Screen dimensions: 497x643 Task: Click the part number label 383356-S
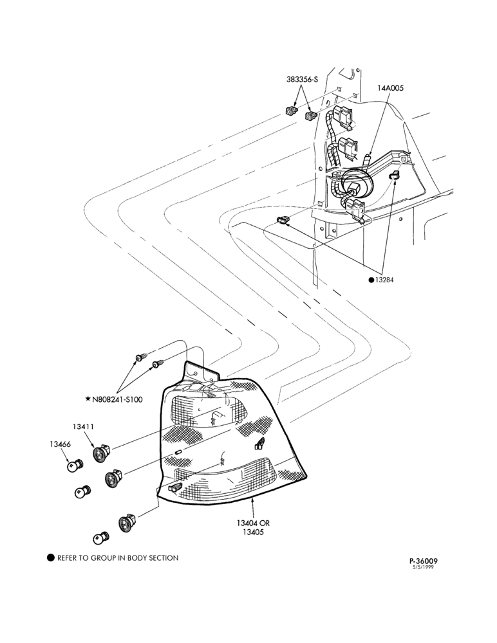(x=303, y=80)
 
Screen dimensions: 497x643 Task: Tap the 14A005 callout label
(x=391, y=87)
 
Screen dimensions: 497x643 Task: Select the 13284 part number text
(x=384, y=280)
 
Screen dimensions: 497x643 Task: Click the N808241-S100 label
(x=117, y=399)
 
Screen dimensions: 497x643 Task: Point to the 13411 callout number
(x=84, y=426)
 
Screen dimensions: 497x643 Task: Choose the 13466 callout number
(x=60, y=444)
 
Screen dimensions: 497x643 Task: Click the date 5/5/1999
(x=423, y=567)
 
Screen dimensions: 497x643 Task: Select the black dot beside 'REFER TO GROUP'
(x=50, y=557)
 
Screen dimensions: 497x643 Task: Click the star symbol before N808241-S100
(x=88, y=399)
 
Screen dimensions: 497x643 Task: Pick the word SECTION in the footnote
(x=163, y=557)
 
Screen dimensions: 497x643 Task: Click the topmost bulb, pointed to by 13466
(x=75, y=466)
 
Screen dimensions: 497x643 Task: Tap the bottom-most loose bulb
(x=101, y=538)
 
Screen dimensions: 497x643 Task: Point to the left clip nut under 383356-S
(x=291, y=111)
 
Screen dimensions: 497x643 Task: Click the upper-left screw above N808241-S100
(x=140, y=358)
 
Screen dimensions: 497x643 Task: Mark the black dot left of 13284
(x=371, y=280)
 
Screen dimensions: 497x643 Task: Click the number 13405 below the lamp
(x=253, y=532)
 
